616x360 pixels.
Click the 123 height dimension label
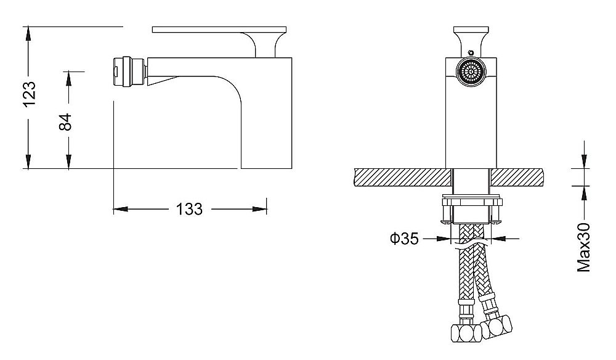point(30,94)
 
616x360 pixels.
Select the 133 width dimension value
point(189,209)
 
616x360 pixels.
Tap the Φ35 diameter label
point(404,238)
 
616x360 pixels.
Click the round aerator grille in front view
point(471,73)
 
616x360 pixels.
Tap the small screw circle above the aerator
point(471,52)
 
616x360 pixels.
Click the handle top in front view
point(471,30)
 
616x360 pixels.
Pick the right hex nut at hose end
point(497,326)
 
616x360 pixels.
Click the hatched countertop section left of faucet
point(402,178)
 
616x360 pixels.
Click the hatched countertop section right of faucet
point(517,177)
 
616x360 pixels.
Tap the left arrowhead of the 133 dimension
point(121,209)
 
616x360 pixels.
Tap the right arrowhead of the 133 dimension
point(260,209)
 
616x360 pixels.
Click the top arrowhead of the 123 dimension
point(28,33)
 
